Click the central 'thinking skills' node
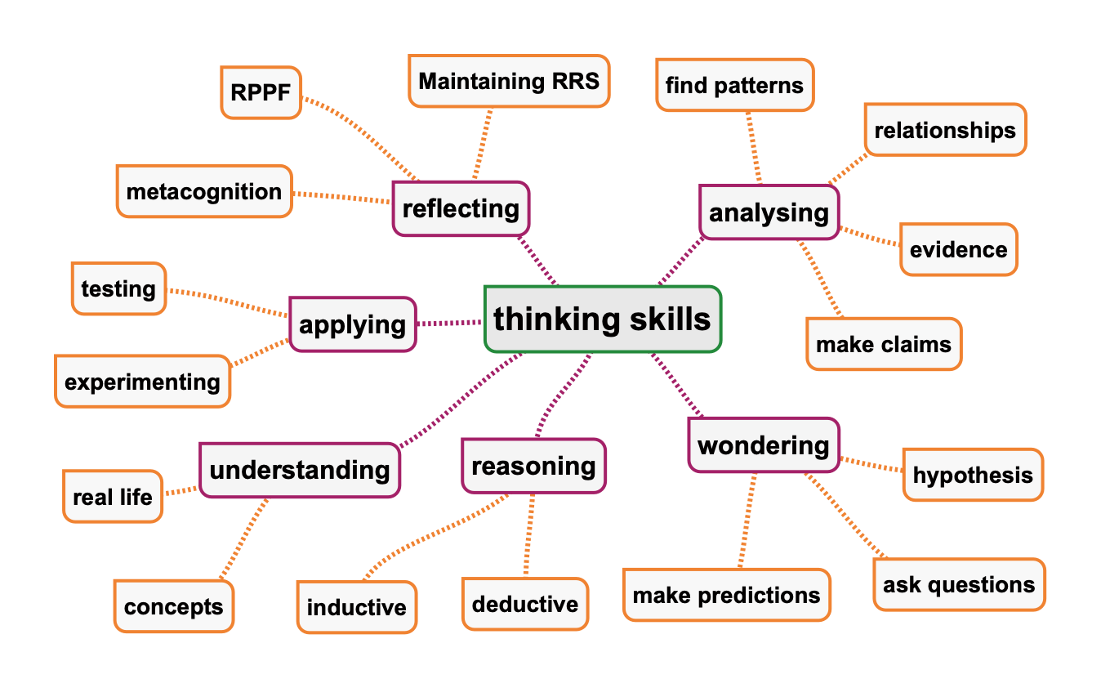point(603,319)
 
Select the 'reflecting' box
point(461,209)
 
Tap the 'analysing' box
point(769,212)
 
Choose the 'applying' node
point(353,324)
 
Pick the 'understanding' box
point(300,470)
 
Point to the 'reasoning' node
point(533,466)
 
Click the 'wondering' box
point(763,445)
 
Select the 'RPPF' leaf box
point(261,92)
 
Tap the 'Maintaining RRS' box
point(509,81)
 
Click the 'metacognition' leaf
point(203,192)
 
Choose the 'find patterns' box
point(734,85)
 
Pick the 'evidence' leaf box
point(958,249)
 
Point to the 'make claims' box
point(884,344)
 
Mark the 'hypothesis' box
point(972,475)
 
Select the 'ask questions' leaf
point(959,584)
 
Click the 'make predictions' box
point(726,595)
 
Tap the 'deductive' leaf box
point(525,604)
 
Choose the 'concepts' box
point(173,606)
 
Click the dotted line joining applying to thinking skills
point(450,323)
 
